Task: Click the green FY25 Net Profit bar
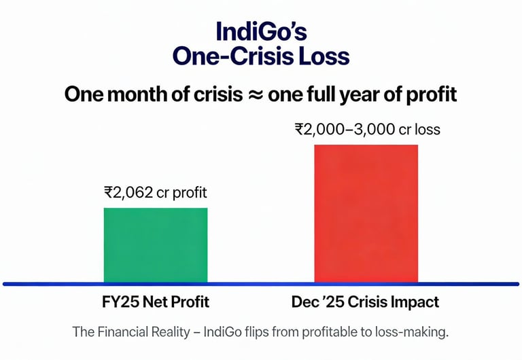pos(156,245)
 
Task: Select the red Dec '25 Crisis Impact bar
pos(366,213)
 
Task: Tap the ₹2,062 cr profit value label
pos(156,192)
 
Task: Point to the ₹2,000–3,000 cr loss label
pos(367,129)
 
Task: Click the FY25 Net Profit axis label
pos(156,302)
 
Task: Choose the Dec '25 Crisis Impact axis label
pos(367,302)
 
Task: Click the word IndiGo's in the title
pos(261,31)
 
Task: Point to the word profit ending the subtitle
pos(431,94)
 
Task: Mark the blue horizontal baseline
pos(261,284)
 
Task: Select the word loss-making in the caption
pos(415,333)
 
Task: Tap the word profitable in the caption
pos(338,333)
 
